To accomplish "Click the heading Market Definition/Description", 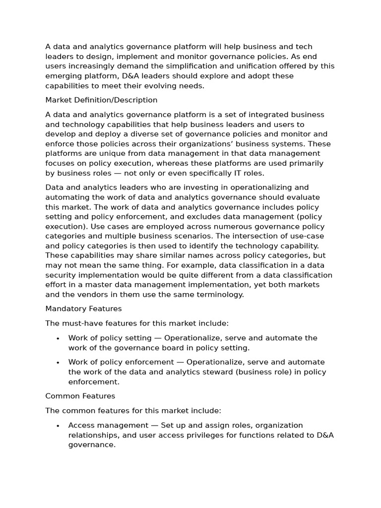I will [101, 100].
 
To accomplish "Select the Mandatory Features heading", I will [83, 309].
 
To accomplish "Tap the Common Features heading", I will [80, 396].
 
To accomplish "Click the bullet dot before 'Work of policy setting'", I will [58, 338].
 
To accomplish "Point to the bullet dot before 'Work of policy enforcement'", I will [58, 363].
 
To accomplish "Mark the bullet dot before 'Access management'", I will [58, 426].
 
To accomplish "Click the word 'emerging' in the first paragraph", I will [63, 76].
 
